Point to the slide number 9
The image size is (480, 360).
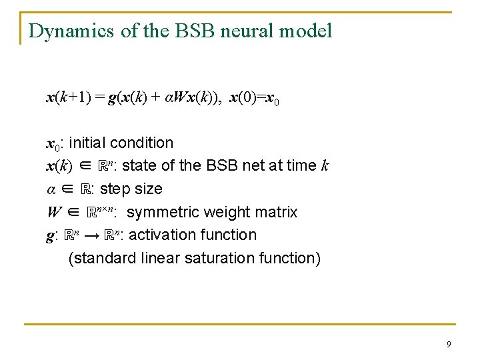pos(448,344)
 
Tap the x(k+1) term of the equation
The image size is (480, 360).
pos(67,99)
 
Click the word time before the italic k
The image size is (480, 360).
pos(303,165)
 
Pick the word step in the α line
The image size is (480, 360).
pos(114,189)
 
